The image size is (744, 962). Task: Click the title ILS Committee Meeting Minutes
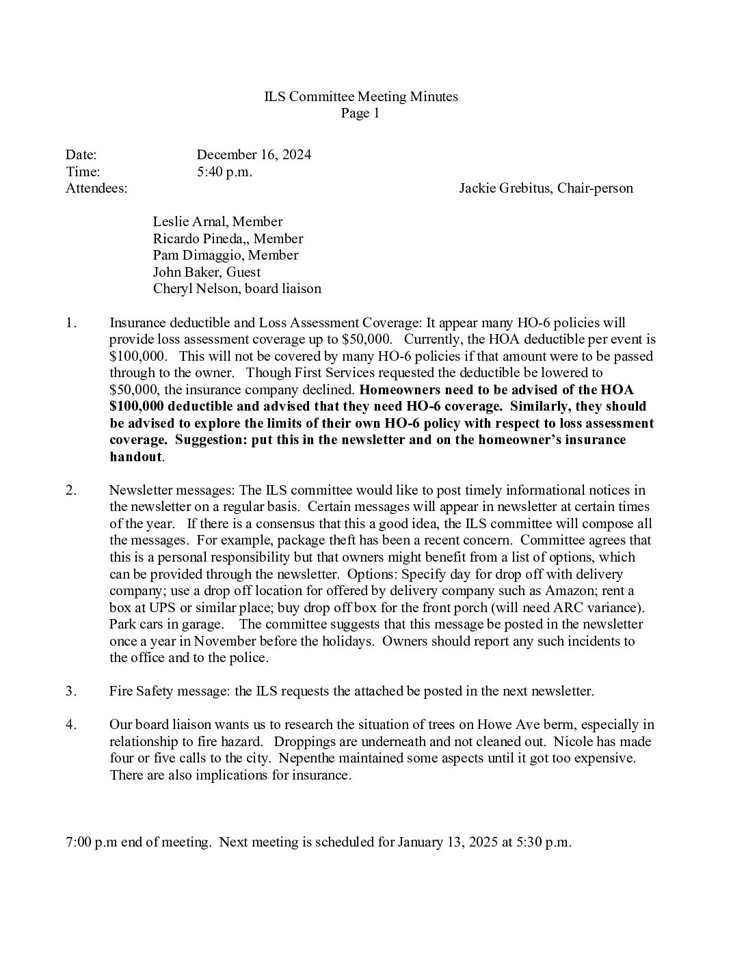pyautogui.click(x=361, y=97)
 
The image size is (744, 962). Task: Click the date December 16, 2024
pyautogui.click(x=254, y=155)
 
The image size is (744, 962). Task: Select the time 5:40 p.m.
pyautogui.click(x=224, y=171)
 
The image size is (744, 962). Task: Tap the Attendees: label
pyautogui.click(x=96, y=188)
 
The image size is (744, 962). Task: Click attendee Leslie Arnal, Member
pyautogui.click(x=217, y=221)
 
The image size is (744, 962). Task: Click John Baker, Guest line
pyautogui.click(x=207, y=272)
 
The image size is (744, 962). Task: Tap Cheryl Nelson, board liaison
pyautogui.click(x=237, y=288)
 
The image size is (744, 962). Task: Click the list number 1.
pyautogui.click(x=71, y=322)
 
